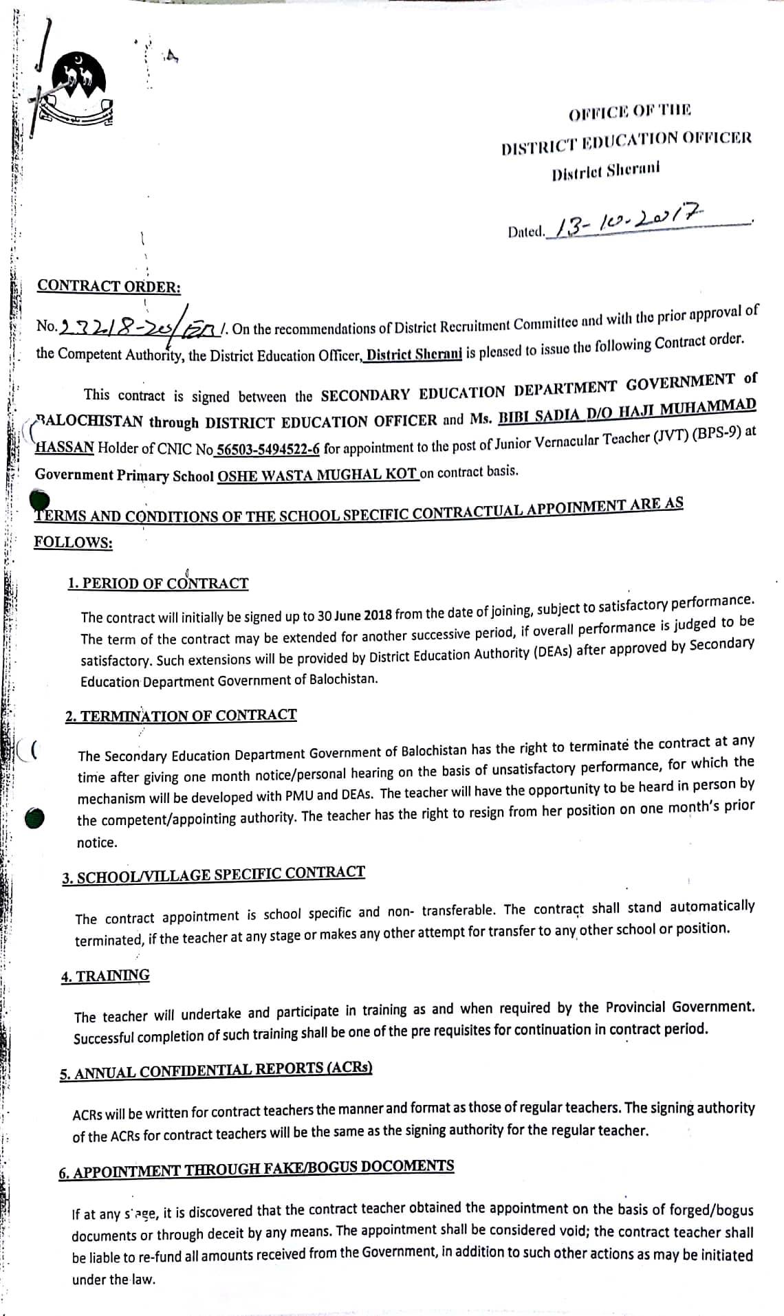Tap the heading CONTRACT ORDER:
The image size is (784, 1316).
pyautogui.click(x=109, y=286)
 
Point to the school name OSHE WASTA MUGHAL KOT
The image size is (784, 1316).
pyautogui.click(x=317, y=475)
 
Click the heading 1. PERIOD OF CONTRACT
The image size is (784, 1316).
pyautogui.click(x=158, y=583)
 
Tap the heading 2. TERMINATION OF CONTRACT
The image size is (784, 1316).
pyautogui.click(x=181, y=715)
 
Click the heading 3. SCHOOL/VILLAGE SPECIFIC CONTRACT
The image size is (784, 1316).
pyautogui.click(x=213, y=875)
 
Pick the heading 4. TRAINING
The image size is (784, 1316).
pyautogui.click(x=105, y=976)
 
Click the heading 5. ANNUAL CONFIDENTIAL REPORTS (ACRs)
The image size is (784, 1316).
pyautogui.click(x=215, y=1071)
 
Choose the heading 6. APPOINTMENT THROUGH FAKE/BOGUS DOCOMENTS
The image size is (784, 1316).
pyautogui.click(x=256, y=1169)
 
